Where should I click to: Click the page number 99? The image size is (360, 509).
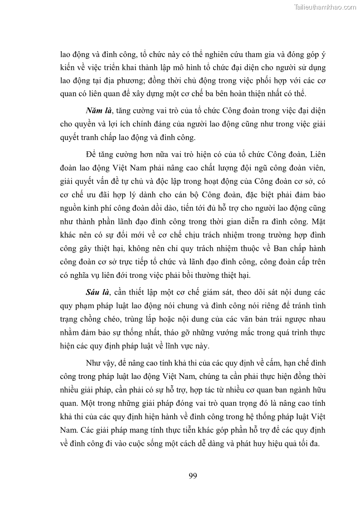192,475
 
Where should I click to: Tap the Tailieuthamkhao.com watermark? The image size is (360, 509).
325,7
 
